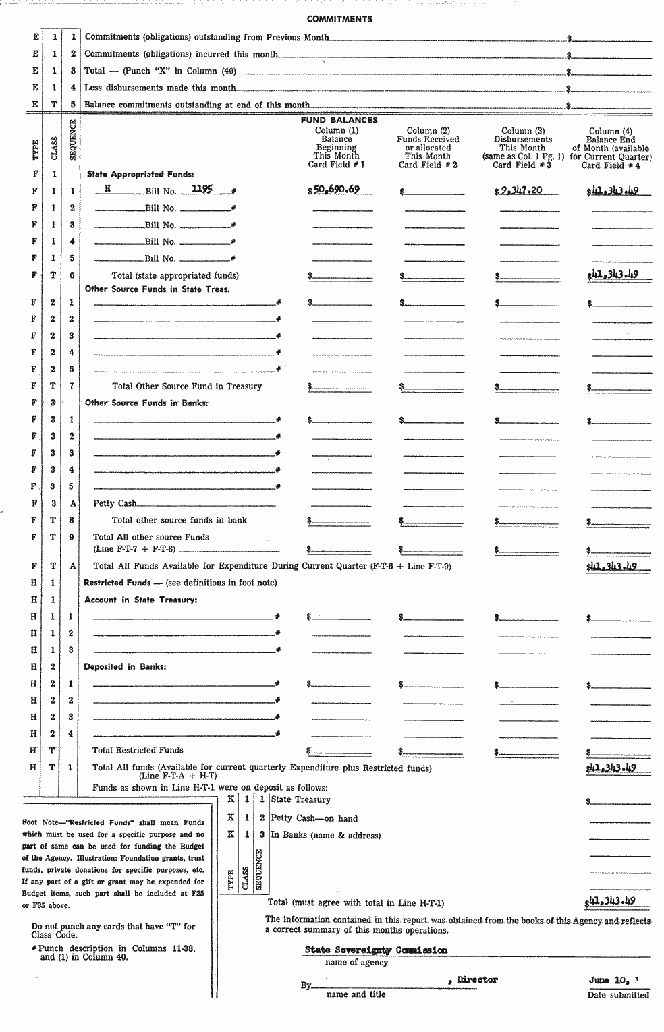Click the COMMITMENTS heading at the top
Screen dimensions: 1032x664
[339, 19]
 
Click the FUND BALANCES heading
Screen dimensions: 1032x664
[339, 120]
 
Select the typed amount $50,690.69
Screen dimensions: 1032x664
[335, 190]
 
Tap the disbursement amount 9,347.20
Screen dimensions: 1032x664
[520, 190]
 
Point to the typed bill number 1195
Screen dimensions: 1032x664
[202, 190]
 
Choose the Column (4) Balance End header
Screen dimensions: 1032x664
[610, 148]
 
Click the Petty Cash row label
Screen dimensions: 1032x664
[115, 503]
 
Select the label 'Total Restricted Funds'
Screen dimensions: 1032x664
[138, 750]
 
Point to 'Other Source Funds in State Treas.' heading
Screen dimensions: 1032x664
[157, 289]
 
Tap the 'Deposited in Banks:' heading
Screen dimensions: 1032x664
[125, 666]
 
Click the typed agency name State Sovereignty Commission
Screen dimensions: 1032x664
[376, 950]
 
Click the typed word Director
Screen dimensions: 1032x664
[476, 979]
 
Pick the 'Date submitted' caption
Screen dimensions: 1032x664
[618, 995]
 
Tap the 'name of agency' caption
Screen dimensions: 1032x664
[356, 963]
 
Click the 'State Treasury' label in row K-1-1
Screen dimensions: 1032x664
[301, 799]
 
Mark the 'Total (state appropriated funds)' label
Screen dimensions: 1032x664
[175, 275]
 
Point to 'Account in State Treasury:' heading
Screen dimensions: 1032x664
[140, 600]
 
